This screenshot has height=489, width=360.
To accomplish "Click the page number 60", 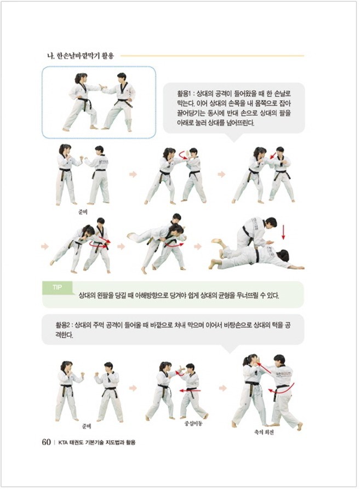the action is coord(46,442).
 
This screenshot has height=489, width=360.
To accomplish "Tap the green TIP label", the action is coord(57,287).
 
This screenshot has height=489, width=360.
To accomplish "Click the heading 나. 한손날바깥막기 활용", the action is coord(80,56).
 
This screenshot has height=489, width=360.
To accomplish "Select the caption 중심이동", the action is coord(193,424).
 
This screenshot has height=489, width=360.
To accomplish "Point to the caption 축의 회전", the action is coord(264,432).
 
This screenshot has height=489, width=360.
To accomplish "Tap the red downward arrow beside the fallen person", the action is coord(283,232).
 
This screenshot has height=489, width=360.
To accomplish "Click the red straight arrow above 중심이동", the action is coord(190,390).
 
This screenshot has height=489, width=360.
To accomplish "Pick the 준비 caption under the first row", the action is coord(83,212).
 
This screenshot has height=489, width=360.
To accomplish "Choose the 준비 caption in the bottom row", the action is coord(87,426).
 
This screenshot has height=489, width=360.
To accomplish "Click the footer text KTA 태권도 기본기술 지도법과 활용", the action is coord(96,442).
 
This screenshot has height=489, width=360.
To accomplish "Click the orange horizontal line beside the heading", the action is coord(212,56).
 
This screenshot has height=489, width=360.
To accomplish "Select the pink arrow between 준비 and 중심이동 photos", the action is coord(133,388).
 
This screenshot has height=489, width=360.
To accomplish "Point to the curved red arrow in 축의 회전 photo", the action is coord(283,388).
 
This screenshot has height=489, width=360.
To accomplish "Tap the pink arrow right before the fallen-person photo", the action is coord(198,246).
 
